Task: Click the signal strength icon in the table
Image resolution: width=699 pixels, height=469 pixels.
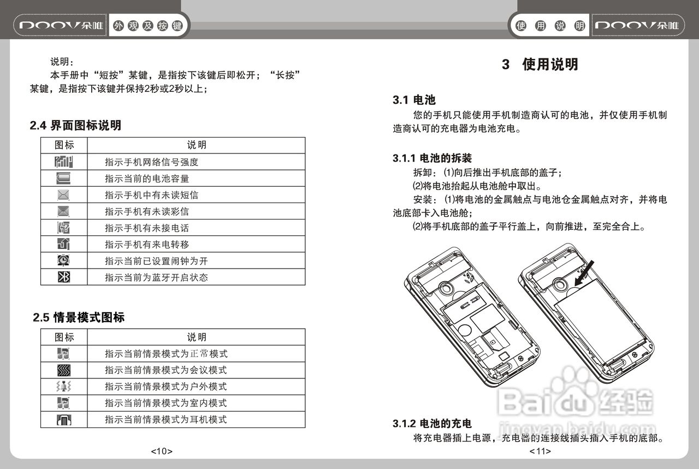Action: [x=64, y=162]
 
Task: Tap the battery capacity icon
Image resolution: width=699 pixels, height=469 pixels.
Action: [x=64, y=179]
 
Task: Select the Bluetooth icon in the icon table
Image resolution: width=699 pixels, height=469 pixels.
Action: [x=64, y=277]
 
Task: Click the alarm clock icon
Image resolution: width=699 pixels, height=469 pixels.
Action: [x=64, y=261]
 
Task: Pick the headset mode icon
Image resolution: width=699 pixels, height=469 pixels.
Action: [x=64, y=420]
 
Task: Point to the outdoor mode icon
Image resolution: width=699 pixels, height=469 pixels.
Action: [x=64, y=387]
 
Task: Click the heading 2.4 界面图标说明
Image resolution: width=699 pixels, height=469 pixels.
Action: [x=75, y=126]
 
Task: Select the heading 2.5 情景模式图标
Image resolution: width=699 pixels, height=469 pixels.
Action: [x=79, y=317]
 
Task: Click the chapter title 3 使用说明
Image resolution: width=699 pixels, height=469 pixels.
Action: [x=540, y=64]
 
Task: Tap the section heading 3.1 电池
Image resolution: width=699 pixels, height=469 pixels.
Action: [x=414, y=100]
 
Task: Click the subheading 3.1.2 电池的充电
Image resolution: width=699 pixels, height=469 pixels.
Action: [x=432, y=423]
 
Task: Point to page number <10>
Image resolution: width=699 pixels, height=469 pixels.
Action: [x=162, y=452]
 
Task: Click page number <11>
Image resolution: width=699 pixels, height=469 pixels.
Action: [x=540, y=452]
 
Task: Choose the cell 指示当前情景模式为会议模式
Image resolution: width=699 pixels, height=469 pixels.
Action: [x=165, y=370]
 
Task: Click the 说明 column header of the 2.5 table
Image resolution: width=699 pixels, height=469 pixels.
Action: [x=197, y=337]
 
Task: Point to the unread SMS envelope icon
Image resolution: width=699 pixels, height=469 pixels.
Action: [x=64, y=195]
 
